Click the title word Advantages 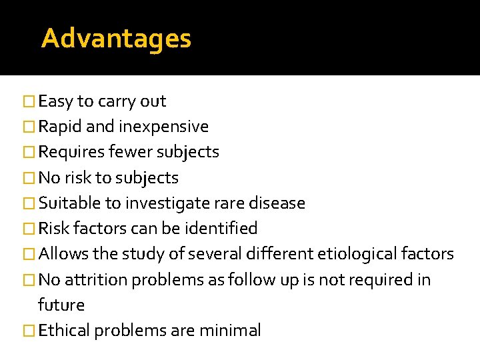pos(116,39)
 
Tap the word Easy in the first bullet pos(56,102)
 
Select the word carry pos(117,102)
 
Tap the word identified pos(223,228)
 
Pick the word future pos(61,305)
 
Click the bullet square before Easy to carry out pos(27,102)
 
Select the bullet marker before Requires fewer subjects pos(27,153)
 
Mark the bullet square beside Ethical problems pos(27,331)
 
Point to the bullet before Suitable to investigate pos(27,203)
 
